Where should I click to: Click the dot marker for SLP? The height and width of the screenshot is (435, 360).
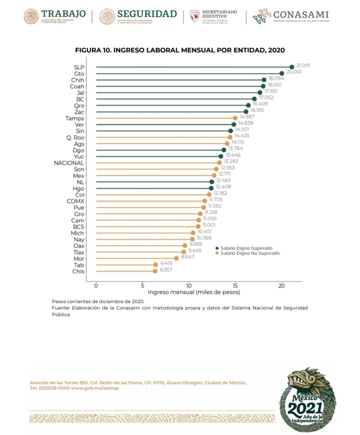[x=292, y=67]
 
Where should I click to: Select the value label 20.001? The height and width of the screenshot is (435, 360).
[x=294, y=72]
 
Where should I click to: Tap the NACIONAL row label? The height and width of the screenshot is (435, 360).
[x=69, y=163]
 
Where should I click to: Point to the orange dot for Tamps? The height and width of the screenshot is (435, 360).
[x=235, y=118]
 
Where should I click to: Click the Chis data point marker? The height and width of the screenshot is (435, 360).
[x=155, y=271]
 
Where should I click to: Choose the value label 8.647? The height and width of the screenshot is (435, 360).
[x=187, y=257]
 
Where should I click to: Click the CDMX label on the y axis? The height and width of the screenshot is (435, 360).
[x=75, y=201]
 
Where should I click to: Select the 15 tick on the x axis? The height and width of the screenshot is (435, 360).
[x=235, y=286]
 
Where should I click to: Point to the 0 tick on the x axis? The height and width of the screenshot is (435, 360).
[x=96, y=286]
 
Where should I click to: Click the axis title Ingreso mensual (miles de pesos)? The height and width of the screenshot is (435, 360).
[x=194, y=292]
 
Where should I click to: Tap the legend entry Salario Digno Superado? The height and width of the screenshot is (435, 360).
[x=246, y=248]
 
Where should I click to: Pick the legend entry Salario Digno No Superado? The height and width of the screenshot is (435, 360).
[x=250, y=253]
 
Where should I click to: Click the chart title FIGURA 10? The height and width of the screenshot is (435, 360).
[x=180, y=50]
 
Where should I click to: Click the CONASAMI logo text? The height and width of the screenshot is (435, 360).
[x=301, y=15]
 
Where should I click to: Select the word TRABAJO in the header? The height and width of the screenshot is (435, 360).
[x=64, y=14]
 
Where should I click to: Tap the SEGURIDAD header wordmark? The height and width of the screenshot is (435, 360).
[x=147, y=14]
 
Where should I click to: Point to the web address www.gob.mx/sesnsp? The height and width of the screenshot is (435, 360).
[x=95, y=388]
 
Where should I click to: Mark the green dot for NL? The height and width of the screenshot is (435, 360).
[x=212, y=182]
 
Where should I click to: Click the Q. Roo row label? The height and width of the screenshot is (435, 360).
[x=75, y=138]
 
